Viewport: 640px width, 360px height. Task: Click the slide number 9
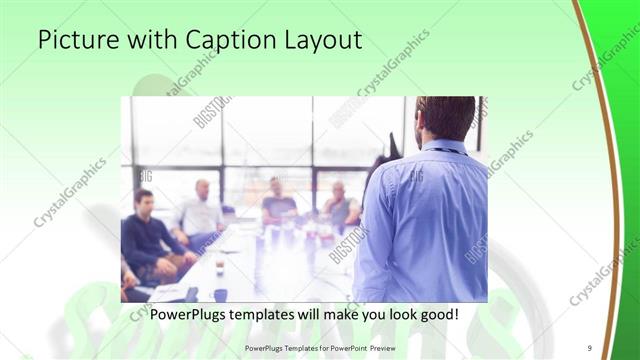click(589, 347)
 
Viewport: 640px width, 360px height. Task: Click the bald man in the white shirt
click(201, 211)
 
